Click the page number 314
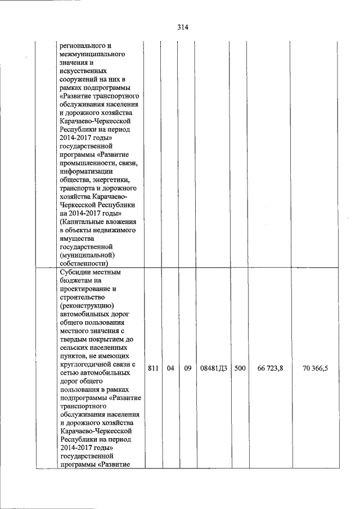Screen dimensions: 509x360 181,27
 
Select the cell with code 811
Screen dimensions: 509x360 152,368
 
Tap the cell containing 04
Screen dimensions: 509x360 170,368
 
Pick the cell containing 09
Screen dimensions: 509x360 187,368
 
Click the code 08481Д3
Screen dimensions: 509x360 213,368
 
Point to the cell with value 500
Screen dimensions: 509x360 240,368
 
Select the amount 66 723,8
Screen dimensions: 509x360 270,368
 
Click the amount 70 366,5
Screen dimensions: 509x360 315,368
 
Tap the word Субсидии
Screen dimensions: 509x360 75,272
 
